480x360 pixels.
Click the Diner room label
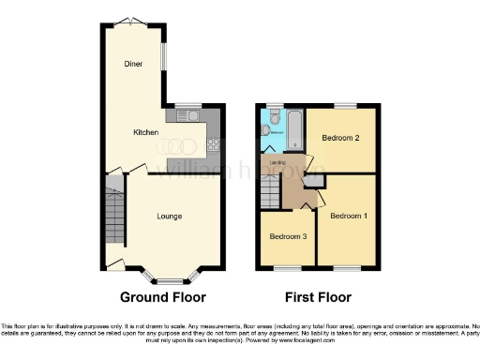133,64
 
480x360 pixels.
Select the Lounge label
169,217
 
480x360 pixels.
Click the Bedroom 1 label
347,217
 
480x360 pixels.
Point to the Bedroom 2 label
341,138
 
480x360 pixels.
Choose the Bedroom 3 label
289,235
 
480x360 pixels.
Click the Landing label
278,163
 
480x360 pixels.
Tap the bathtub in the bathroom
293,129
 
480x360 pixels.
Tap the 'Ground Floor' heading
162,298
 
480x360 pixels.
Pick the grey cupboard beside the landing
316,179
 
